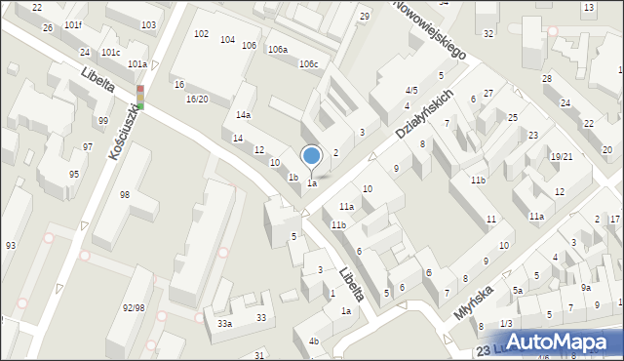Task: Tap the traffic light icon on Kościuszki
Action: click(x=140, y=97)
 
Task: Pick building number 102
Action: click(x=201, y=34)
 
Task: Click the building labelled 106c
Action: click(x=308, y=64)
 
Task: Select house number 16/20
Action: click(x=197, y=100)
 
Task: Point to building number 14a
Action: click(x=243, y=115)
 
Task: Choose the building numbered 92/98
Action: click(x=135, y=307)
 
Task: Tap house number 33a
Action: click(x=224, y=323)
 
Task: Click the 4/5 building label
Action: click(x=411, y=90)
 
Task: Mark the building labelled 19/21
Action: click(x=561, y=156)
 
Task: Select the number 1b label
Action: click(x=292, y=177)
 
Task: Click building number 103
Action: click(x=148, y=24)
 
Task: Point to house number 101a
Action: click(x=136, y=64)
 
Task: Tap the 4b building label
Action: click(x=313, y=341)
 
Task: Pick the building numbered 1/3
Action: click(x=506, y=323)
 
